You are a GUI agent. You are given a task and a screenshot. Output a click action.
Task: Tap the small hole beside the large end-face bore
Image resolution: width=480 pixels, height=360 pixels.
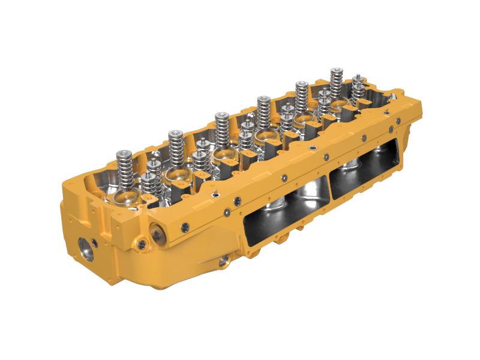95,242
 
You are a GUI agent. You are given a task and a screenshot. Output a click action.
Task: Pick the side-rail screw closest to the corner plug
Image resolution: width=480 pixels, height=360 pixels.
185,226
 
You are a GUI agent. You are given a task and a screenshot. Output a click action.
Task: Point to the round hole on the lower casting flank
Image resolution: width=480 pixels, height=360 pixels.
223,260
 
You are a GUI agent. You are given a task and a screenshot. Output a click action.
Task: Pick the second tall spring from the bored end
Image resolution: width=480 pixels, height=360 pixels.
175,144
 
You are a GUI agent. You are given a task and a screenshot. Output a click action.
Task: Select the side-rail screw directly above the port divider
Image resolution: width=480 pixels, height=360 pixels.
326,157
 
